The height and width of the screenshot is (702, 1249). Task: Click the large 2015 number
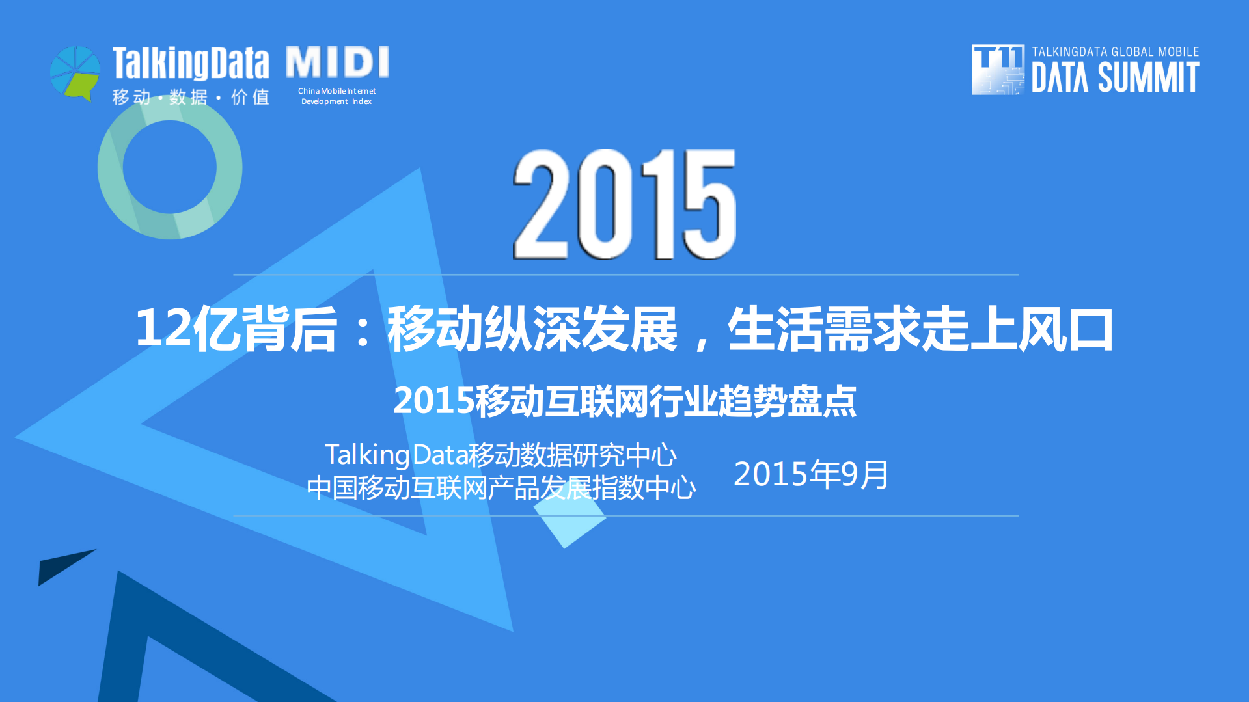625,205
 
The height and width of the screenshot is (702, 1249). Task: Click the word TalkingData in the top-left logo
190,64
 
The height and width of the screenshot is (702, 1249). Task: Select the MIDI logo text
337,62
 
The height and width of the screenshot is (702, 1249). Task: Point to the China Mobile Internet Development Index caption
337,96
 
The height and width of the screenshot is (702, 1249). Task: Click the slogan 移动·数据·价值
190,98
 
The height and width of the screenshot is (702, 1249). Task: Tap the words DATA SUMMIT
1115,79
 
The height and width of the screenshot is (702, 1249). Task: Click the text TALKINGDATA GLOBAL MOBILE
1115,52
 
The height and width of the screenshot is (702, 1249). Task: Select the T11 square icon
997,70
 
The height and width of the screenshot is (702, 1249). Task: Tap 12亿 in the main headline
185,329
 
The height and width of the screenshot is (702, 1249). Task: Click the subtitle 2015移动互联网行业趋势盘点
625,401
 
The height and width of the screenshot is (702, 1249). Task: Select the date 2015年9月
811,474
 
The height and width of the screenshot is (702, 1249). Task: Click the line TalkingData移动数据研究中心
501,455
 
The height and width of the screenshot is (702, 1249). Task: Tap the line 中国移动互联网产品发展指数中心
501,488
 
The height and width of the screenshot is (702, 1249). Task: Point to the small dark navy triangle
60,565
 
